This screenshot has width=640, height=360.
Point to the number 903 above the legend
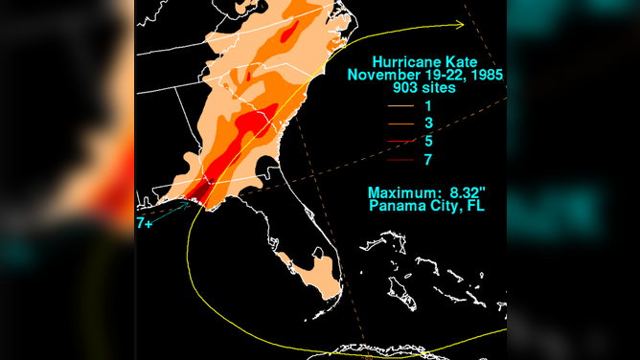click(396, 90)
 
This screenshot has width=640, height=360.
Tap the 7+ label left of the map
click(142, 222)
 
